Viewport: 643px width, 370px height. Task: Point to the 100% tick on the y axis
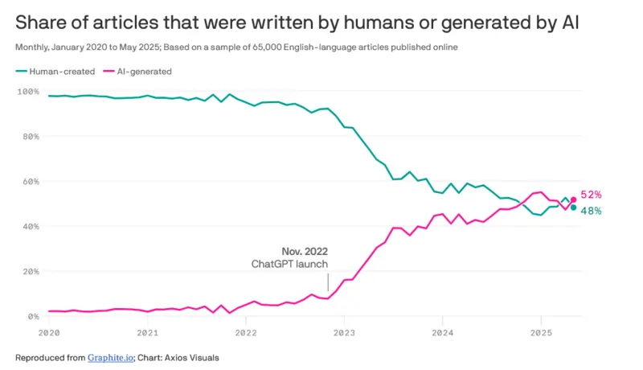[28, 92]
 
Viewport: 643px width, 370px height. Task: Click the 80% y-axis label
[30, 137]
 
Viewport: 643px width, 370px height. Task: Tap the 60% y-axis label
[30, 182]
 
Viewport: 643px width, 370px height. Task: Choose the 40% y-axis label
[30, 227]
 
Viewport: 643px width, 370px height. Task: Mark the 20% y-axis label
[30, 272]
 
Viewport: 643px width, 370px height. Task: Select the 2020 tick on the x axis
[49, 331]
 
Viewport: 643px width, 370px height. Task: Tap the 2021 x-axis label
[147, 331]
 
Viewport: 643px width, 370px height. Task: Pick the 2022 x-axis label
[245, 331]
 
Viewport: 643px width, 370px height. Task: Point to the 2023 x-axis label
[344, 331]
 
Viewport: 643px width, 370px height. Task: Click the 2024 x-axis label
[442, 331]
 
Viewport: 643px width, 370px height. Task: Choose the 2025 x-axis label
[541, 331]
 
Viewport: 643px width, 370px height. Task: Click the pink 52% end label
[591, 195]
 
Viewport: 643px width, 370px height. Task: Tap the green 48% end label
[591, 211]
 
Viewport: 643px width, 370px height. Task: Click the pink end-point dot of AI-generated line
[573, 199]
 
